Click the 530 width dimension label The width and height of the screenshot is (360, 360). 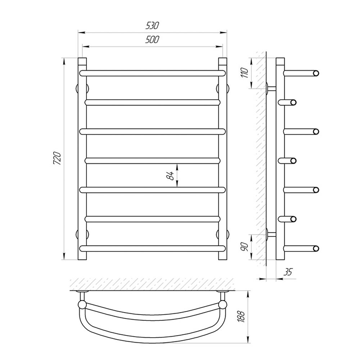152,26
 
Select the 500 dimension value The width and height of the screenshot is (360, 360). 152,40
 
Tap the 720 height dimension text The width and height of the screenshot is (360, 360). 57,158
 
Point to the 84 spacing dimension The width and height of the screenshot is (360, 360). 171,176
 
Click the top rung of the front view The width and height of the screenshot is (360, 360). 152,73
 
